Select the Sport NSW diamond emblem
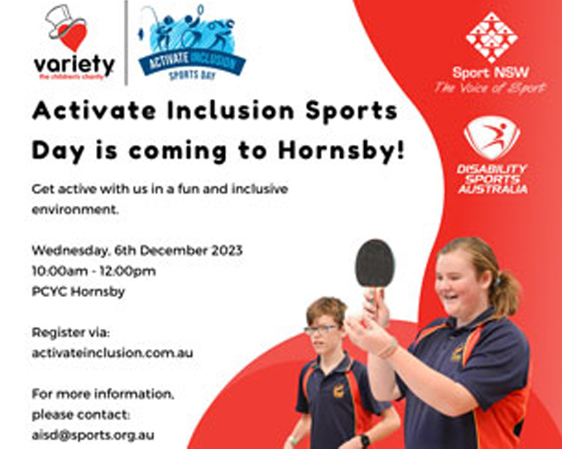(x=492, y=37)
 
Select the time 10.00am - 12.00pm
(x=94, y=271)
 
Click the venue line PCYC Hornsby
(x=78, y=291)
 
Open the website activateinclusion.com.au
(x=112, y=352)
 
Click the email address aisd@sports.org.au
(x=93, y=434)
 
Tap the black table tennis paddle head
(x=375, y=263)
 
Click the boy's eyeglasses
(x=321, y=329)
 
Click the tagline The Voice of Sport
(x=492, y=88)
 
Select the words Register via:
(x=70, y=332)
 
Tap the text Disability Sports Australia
(x=492, y=179)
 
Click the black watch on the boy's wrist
(x=365, y=441)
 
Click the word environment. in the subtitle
(x=75, y=210)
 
